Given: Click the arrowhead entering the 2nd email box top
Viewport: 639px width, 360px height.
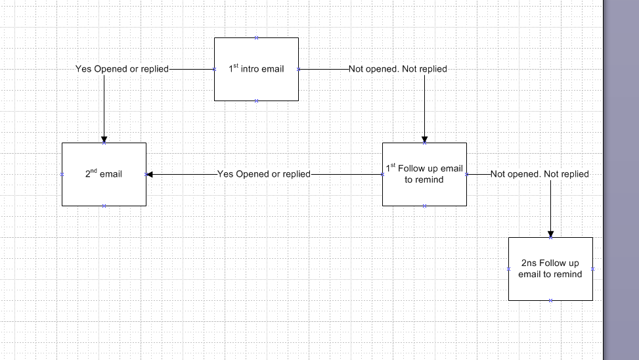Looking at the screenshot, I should pyautogui.click(x=104, y=139).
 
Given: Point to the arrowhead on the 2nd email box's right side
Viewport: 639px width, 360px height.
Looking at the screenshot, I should pyautogui.click(x=150, y=174).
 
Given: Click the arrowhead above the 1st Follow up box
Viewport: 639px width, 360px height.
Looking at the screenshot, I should pyautogui.click(x=424, y=139).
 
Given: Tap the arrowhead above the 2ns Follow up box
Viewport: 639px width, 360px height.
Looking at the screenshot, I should pyautogui.click(x=550, y=234).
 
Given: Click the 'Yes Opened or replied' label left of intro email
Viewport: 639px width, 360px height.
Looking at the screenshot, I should pyautogui.click(x=122, y=68).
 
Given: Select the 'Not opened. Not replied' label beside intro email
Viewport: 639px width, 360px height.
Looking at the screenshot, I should pyautogui.click(x=398, y=68).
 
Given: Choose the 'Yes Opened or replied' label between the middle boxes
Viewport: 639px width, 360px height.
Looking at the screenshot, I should pyautogui.click(x=263, y=174).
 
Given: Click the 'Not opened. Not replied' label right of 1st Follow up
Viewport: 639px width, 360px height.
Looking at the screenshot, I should pyautogui.click(x=540, y=174).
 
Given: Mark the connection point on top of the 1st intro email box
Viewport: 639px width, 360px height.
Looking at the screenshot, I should pyautogui.click(x=256, y=37).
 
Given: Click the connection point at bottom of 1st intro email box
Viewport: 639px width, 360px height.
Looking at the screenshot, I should pyautogui.click(x=256, y=101).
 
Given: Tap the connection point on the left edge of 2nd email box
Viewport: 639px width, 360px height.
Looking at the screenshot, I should pyautogui.click(x=62, y=174).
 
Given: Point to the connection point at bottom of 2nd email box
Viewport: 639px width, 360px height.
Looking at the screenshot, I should pyautogui.click(x=104, y=206).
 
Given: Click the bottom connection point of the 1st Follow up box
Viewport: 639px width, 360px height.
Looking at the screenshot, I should pyautogui.click(x=424, y=206).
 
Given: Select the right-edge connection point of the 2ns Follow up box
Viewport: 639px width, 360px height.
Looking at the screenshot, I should pyautogui.click(x=592, y=269).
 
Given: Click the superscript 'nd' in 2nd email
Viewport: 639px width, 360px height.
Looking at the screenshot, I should pyautogui.click(x=94, y=171).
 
